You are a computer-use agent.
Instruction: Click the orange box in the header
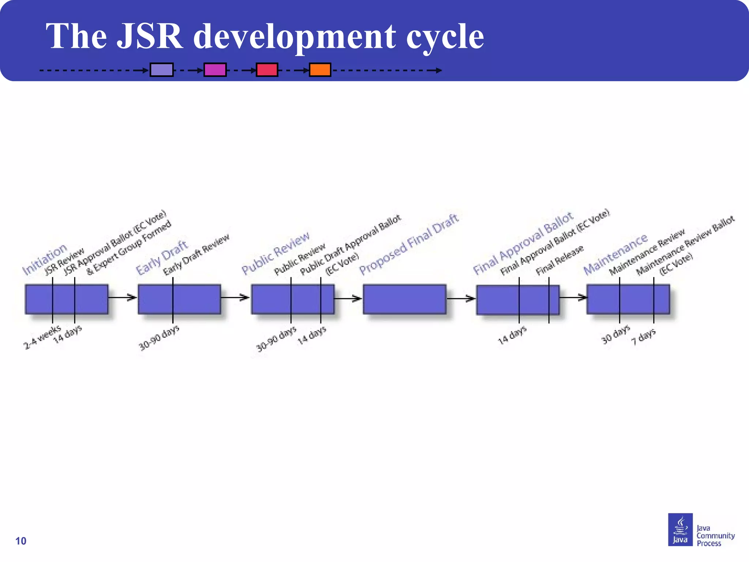coord(320,70)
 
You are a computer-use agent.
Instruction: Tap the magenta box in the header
coord(215,70)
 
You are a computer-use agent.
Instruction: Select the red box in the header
coord(267,70)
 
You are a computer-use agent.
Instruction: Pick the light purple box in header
coord(162,70)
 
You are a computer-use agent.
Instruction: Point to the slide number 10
coord(21,541)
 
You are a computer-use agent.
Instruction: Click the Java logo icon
coord(680,529)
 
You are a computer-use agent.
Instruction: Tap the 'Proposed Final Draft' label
coord(409,244)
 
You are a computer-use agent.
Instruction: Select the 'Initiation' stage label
coord(45,259)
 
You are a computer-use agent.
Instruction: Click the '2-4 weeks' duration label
coord(42,337)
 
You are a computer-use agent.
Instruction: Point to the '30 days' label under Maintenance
coord(616,334)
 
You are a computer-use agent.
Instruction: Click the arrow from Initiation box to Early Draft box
coord(123,297)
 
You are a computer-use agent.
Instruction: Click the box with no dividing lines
coord(404,299)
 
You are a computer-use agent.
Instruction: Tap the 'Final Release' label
coord(560,260)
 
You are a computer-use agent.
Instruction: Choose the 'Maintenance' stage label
coord(615,254)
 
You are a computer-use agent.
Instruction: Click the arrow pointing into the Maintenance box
coord(573,297)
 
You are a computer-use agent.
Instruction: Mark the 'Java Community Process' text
coord(715,536)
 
